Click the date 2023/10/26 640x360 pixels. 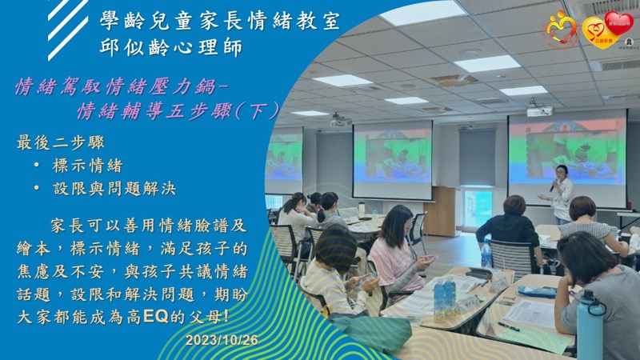pyautogui.click(x=222, y=340)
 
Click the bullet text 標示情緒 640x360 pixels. pyautogui.click(x=88, y=166)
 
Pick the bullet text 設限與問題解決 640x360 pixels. pyautogui.click(x=114, y=189)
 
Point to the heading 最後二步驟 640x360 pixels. pyautogui.click(x=61, y=143)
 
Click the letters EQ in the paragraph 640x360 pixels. pyautogui.click(x=156, y=317)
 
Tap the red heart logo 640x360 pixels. pyautogui.click(x=618, y=23)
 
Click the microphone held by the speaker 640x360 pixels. pyautogui.click(x=554, y=185)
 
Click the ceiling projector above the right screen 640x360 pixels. pyautogui.click(x=539, y=110)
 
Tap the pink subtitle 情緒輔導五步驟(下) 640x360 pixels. pyautogui.click(x=178, y=110)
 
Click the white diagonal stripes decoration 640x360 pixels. pyautogui.click(x=68, y=29)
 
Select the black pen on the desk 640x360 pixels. pyautogui.click(x=509, y=326)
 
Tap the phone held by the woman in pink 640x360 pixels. pyautogui.click(x=429, y=258)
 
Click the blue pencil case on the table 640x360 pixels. pyautogui.click(x=537, y=291)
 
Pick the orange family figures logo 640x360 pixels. pyautogui.click(x=562, y=29)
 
